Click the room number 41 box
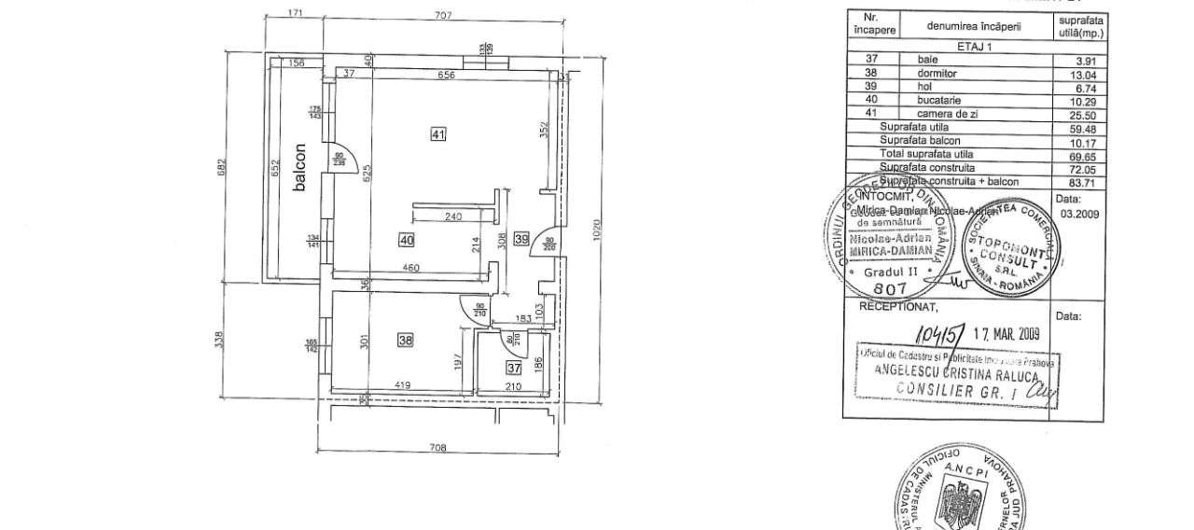438,134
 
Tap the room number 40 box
406,240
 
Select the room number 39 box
521,240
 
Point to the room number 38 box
405,341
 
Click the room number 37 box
513,368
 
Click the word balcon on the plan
299,168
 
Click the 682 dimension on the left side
220,166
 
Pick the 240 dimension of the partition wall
453,216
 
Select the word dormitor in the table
923,72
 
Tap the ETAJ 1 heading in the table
975,45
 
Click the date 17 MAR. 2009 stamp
1011,333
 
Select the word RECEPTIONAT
895,305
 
